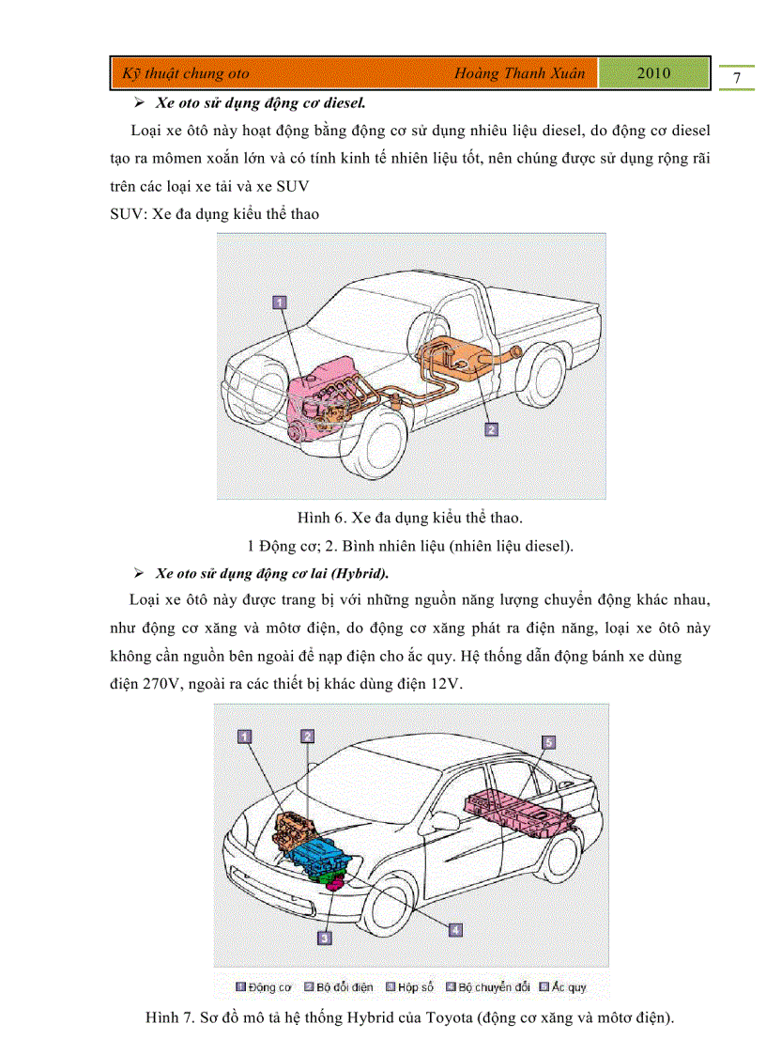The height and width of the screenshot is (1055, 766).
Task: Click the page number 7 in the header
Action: pyautogui.click(x=737, y=78)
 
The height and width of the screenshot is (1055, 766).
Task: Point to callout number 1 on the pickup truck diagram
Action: pyautogui.click(x=279, y=302)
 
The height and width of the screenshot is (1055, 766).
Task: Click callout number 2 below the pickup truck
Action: pyautogui.click(x=490, y=429)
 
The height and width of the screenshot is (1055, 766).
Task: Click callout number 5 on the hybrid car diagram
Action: pyautogui.click(x=549, y=742)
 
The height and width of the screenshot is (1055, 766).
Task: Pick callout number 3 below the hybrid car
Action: pyautogui.click(x=324, y=937)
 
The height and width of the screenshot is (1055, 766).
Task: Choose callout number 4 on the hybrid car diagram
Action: pyautogui.click(x=454, y=929)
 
